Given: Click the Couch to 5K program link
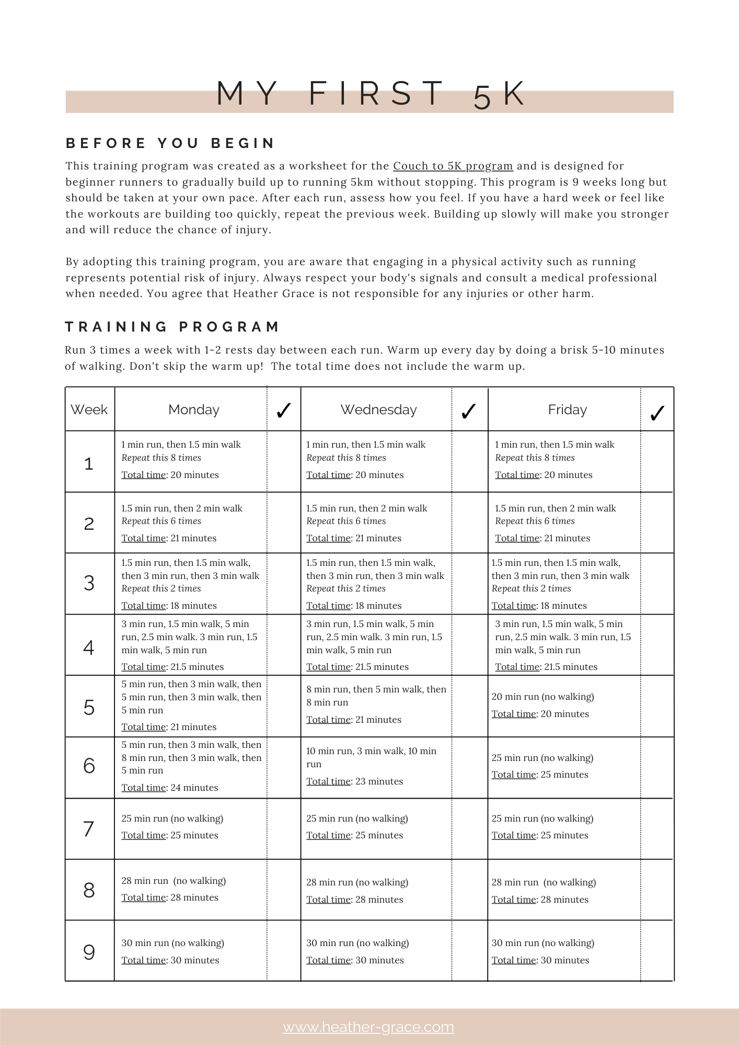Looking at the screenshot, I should [453, 166].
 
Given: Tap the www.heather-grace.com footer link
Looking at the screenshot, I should [368, 1027].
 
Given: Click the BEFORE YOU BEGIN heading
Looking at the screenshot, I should [170, 143].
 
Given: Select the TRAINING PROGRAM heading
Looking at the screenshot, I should [172, 327].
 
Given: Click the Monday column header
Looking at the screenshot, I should [193, 410].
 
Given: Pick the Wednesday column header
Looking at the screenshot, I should [378, 410].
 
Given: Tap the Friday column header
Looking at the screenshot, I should [567, 410].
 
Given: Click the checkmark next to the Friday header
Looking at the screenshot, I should [657, 413].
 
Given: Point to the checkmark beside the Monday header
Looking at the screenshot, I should [283, 411].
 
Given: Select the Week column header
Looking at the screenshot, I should [89, 410].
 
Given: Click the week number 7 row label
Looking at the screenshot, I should [89, 829].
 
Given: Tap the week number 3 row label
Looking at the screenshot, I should [89, 583].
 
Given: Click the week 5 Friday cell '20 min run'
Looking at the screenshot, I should [542, 697].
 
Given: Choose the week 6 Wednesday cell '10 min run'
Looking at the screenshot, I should [371, 757].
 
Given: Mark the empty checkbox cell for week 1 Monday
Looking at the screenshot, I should [284, 461].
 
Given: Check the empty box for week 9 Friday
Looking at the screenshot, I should [657, 950].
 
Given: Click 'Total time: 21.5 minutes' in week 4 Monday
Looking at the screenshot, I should [172, 667].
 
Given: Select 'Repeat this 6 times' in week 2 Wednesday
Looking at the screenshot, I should [346, 521].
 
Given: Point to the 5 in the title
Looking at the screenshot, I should [482, 98].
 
